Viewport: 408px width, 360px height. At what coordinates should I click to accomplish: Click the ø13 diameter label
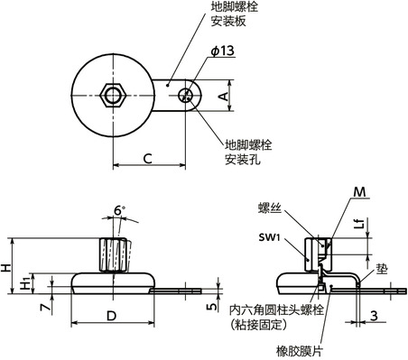coord(199,52)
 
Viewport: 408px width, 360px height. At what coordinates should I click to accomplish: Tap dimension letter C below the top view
coord(147,159)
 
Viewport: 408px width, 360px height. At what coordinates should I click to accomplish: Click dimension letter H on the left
coord(6,267)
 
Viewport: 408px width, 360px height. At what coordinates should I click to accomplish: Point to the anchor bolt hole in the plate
coord(188,93)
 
